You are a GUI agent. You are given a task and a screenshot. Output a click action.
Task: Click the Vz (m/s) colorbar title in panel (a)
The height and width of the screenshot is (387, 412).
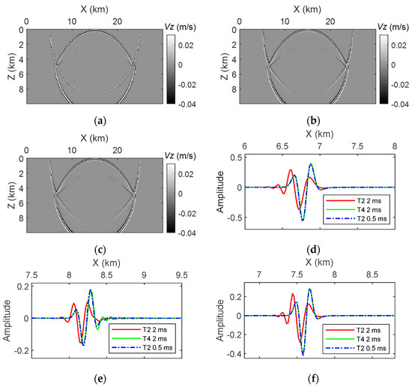tap(179, 26)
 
